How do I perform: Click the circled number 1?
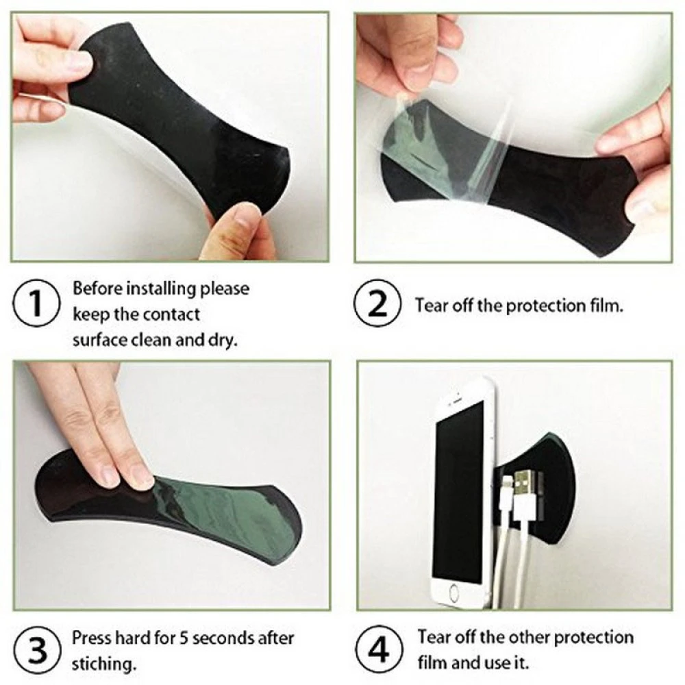pos(36,303)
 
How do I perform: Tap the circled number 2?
pos(377,303)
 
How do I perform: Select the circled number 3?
pos(36,649)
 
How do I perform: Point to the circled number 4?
pos(378,649)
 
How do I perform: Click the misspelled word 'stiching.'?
pos(104,664)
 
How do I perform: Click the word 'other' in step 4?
pos(527,637)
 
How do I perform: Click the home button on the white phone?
pos(454,593)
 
